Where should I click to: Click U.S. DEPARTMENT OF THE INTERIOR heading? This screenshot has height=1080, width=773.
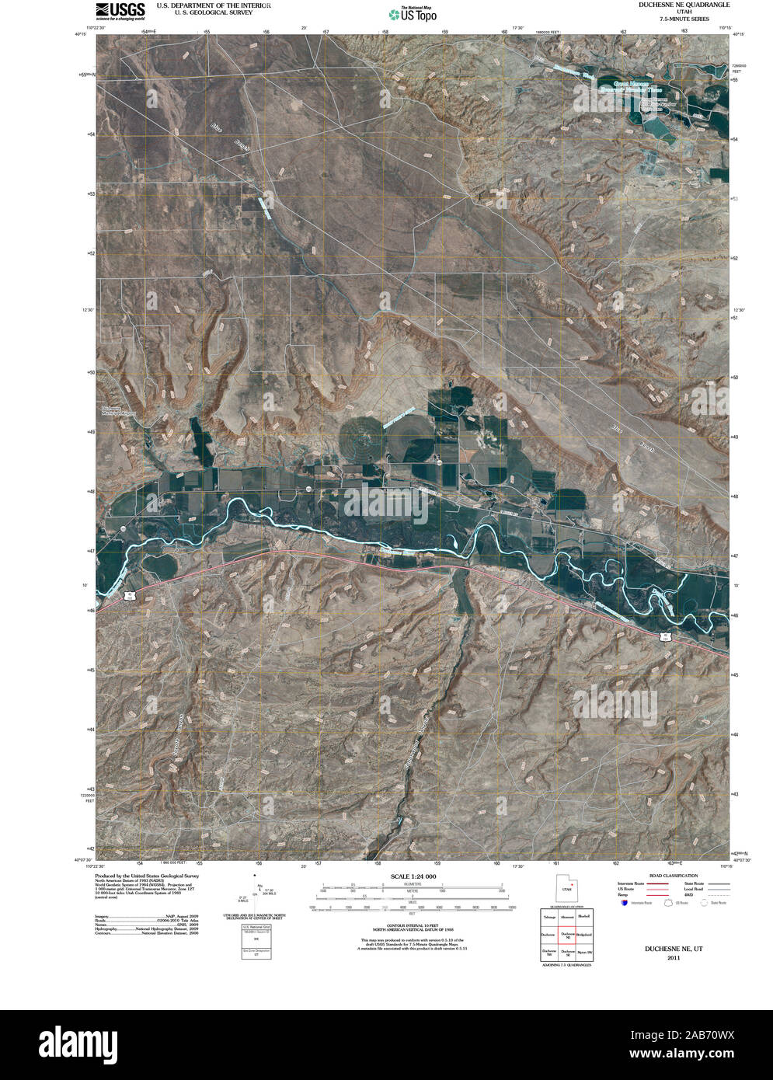[x=214, y=5]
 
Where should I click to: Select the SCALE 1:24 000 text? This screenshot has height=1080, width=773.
[x=410, y=876]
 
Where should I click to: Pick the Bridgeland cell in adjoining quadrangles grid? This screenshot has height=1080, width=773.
[x=584, y=934]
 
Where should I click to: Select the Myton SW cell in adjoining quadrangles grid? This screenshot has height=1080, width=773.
[x=584, y=952]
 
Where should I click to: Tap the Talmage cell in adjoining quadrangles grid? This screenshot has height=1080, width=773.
[x=549, y=918]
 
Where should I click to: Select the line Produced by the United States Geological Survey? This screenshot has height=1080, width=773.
[x=147, y=875]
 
